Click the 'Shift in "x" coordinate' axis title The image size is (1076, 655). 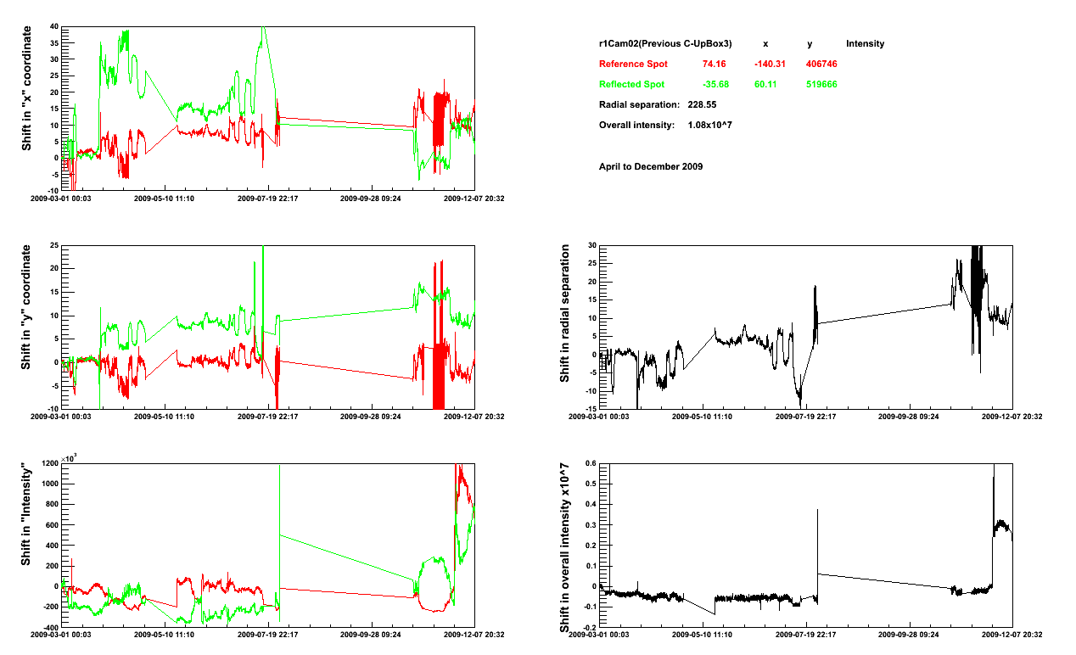pos(26,88)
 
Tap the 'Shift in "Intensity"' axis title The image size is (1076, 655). pos(26,515)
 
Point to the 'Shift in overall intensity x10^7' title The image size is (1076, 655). pos(564,547)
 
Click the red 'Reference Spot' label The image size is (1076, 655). pos(633,64)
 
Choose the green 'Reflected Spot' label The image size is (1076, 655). pos(631,85)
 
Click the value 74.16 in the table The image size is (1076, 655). pos(715,64)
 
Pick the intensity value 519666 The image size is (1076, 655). pos(821,85)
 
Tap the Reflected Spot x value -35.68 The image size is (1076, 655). pos(715,85)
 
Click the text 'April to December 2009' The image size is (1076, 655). pos(651,166)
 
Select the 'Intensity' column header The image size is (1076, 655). pos(865,44)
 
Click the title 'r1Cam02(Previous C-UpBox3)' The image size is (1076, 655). pos(665,44)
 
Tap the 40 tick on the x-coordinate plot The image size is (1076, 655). pos(53,27)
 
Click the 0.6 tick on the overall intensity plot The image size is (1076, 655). pos(590,464)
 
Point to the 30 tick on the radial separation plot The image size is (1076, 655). pos(591,246)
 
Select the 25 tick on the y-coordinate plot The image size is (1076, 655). pos(53,246)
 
